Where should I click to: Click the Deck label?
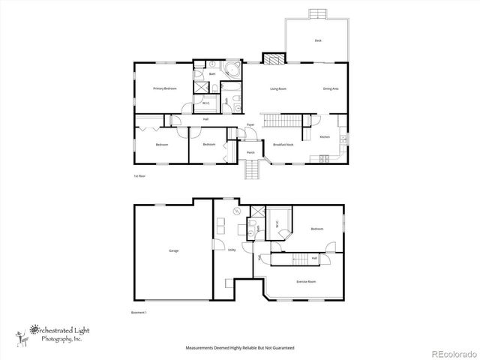(x=318, y=40)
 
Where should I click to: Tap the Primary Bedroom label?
(x=165, y=88)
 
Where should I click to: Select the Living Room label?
(x=279, y=88)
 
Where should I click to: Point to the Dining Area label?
(x=331, y=88)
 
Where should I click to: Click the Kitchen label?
(x=325, y=137)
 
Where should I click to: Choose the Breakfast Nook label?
(x=283, y=144)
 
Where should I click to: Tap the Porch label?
(x=250, y=152)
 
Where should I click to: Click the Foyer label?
(x=251, y=124)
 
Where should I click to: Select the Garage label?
(x=173, y=250)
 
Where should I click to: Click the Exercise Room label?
(x=306, y=281)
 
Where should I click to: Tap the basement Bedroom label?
(x=317, y=229)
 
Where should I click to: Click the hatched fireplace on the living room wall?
(x=271, y=57)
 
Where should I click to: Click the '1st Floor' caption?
(x=139, y=176)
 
